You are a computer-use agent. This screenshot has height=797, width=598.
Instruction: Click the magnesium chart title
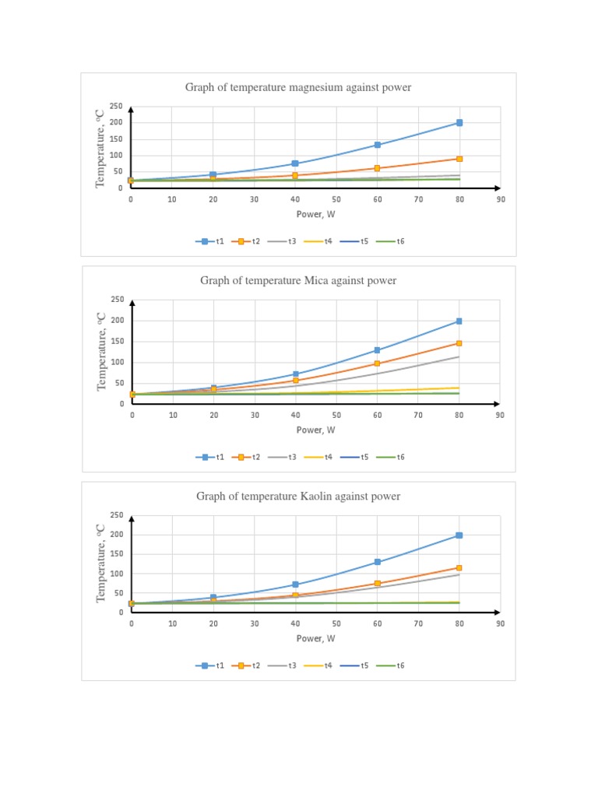(x=298, y=88)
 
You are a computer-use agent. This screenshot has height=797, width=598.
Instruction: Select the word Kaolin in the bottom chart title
(x=320, y=496)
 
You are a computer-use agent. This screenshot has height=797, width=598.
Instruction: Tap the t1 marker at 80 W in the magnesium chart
(x=459, y=123)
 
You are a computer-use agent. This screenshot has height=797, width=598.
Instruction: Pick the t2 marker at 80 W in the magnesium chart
(x=459, y=159)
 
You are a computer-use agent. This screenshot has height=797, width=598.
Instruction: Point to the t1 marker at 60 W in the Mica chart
(x=378, y=350)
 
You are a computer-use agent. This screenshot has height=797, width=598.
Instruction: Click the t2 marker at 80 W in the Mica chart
(x=459, y=343)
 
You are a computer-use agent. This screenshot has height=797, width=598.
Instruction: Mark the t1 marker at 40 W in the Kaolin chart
(x=295, y=585)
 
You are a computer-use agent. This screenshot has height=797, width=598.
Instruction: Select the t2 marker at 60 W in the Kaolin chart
(x=378, y=584)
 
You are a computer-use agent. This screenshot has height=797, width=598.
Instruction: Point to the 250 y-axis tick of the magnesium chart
(x=116, y=107)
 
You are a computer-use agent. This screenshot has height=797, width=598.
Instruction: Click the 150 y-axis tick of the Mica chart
(x=117, y=341)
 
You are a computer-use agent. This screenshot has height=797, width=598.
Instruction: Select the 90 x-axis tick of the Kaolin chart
(x=500, y=624)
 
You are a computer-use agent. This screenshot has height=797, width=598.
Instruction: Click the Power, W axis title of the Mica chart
(x=315, y=430)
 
